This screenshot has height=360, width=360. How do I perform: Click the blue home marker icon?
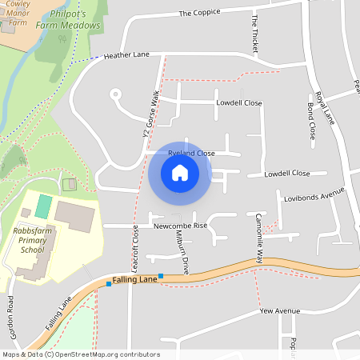tap(180, 172)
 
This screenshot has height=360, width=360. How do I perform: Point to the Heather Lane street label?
tap(127, 56)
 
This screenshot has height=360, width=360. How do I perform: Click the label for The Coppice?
tap(198, 13)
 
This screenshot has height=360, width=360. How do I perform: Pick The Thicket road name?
tap(255, 33)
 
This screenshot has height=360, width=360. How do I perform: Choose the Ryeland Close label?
tap(191, 152)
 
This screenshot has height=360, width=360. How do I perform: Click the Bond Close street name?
tap(310, 120)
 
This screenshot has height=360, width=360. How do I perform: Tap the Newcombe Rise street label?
tap(180, 226)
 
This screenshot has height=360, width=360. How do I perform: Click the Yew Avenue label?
tap(280, 310)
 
